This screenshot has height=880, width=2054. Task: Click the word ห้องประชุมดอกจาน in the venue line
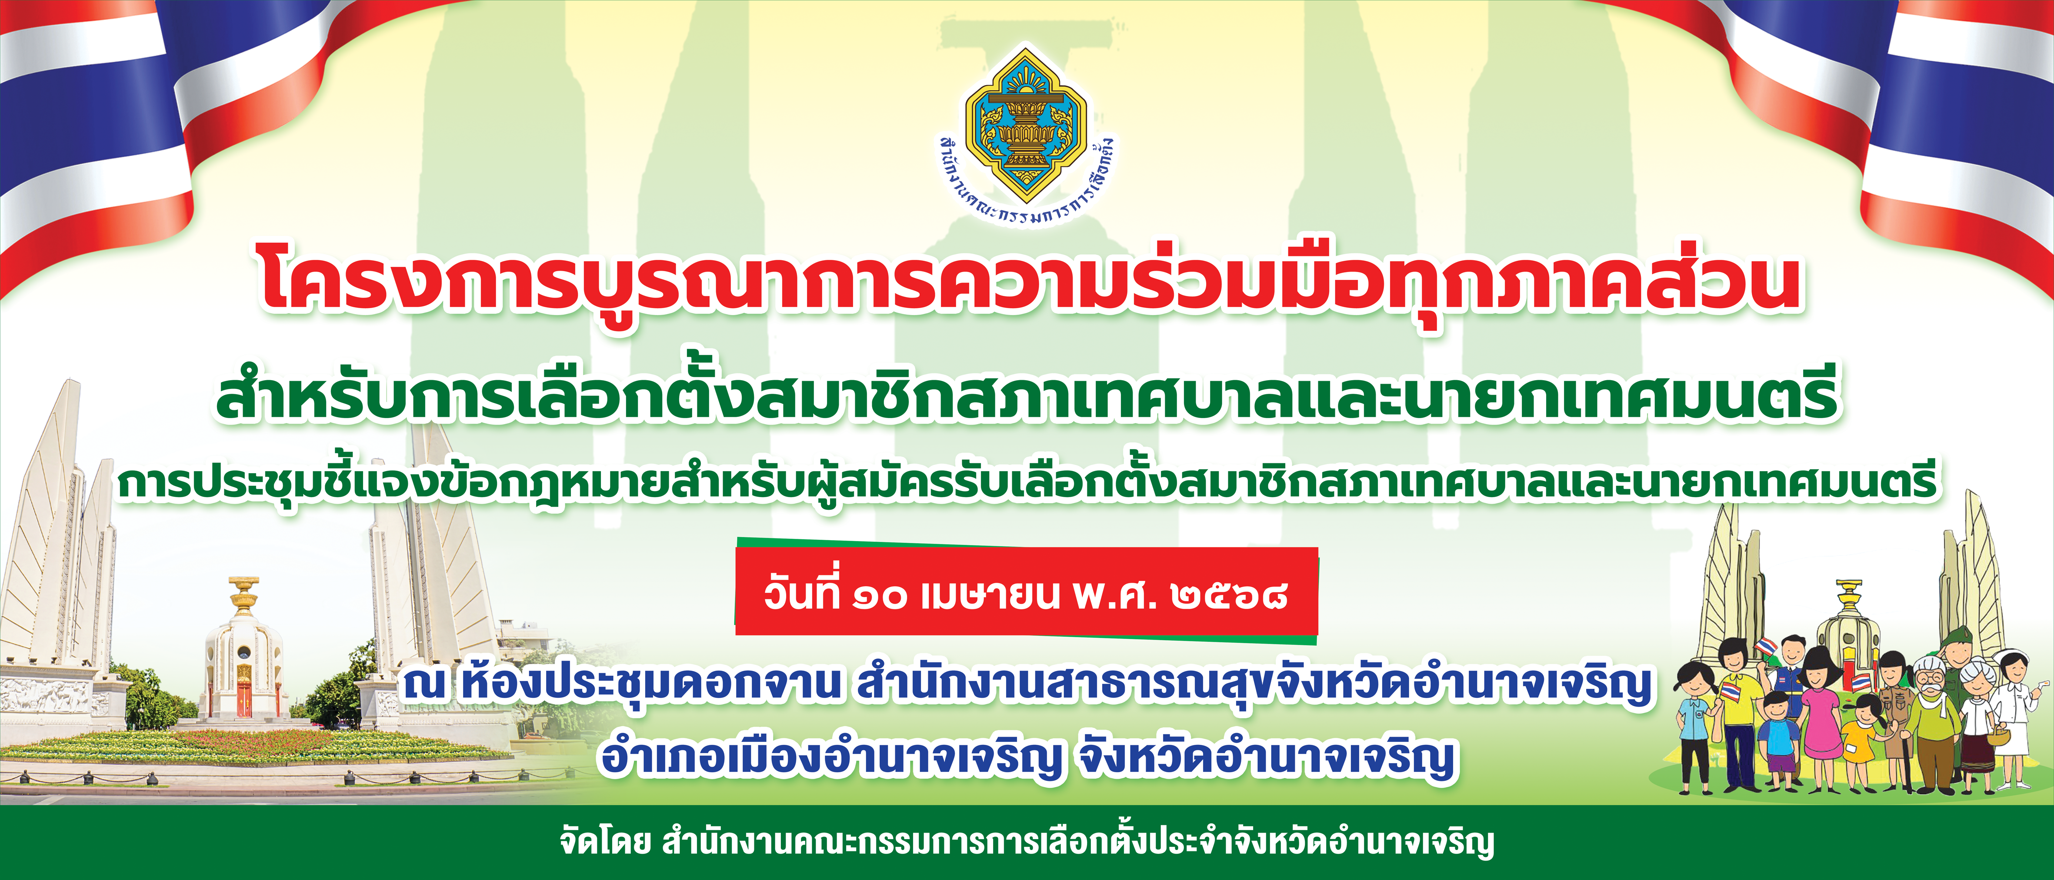[650, 684]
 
